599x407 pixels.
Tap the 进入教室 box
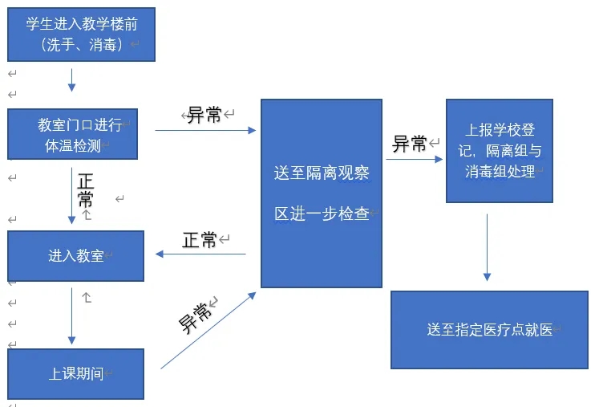click(x=75, y=256)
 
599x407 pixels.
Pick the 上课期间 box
click(x=75, y=373)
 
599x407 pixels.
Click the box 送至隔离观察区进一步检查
click(x=322, y=193)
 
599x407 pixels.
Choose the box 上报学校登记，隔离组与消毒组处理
click(x=499, y=151)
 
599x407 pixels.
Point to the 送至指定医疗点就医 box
click(x=489, y=329)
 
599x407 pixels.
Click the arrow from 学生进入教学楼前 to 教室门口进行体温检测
click(x=71, y=79)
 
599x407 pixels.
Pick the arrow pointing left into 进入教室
click(x=200, y=254)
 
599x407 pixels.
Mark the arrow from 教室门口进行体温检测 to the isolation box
click(x=205, y=129)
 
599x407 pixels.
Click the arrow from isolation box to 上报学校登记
click(x=413, y=159)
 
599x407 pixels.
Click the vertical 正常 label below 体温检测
click(x=86, y=189)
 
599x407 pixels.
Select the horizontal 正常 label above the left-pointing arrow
click(x=200, y=239)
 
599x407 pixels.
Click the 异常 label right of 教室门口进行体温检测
click(x=204, y=115)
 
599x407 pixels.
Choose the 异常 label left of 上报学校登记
click(x=409, y=144)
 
